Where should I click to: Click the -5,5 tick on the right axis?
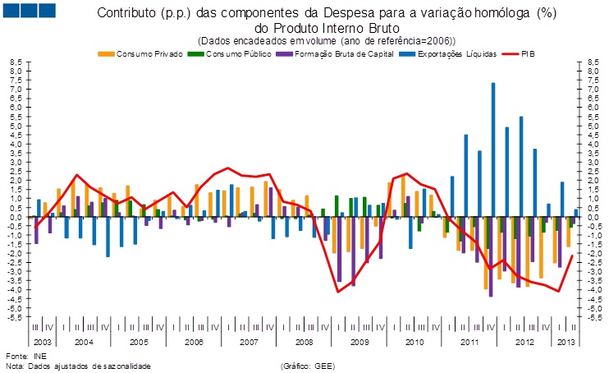[592, 316]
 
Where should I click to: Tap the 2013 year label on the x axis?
[566, 340]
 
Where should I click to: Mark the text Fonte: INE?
[26, 355]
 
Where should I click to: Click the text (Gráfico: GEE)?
[308, 365]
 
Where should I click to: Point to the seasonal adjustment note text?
[79, 365]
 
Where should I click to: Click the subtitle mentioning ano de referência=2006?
[327, 40]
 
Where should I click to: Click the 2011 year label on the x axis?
[469, 340]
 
